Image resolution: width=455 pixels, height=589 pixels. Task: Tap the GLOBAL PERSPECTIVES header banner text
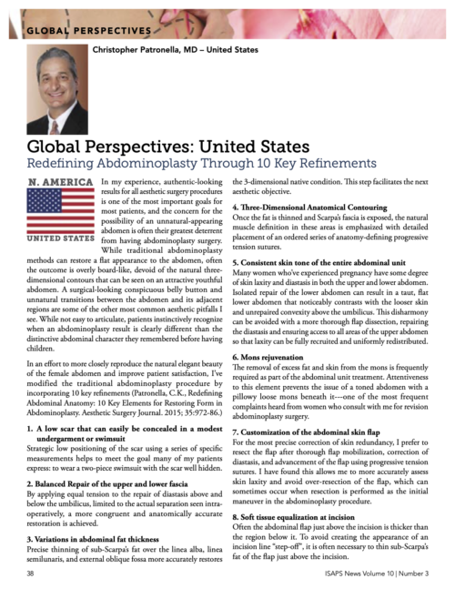pos(86,28)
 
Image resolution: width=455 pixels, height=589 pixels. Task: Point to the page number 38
pos(31,574)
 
